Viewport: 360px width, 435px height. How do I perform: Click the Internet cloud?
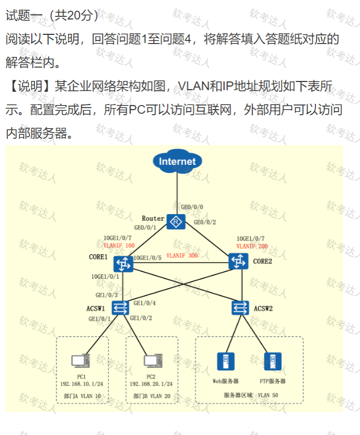coord(177,161)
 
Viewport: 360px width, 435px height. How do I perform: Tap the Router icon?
coord(176,222)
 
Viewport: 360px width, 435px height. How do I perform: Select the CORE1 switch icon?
coord(123,264)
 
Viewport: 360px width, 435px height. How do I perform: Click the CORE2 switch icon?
coord(238,261)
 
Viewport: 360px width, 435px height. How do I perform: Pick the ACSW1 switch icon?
coord(120,308)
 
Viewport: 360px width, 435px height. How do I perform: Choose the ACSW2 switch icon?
coord(240,308)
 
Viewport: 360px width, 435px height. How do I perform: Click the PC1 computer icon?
coord(80,361)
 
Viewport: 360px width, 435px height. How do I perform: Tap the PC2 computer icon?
coord(153,361)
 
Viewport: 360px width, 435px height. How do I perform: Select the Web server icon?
coord(226,362)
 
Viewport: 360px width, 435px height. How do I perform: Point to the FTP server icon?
coord(273,362)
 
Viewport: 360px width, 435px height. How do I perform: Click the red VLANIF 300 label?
coord(182,256)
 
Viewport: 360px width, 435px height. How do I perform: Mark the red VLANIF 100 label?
coord(119,245)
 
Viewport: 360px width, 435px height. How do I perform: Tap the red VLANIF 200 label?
coord(252,246)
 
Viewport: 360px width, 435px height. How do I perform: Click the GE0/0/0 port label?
coord(192,207)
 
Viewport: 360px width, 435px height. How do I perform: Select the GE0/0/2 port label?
coord(205,222)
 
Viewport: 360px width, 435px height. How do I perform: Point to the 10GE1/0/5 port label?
coord(147,258)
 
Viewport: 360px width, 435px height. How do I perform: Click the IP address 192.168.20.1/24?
coord(151,384)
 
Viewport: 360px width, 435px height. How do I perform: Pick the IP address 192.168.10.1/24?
coord(81,384)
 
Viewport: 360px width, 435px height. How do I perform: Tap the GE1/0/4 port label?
coord(144,303)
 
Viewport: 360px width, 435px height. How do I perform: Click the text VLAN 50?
coord(268,396)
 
